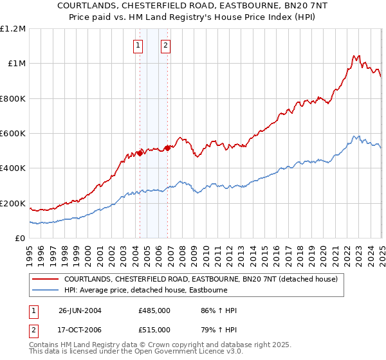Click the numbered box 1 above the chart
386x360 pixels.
[139, 45]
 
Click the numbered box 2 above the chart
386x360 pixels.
[166, 45]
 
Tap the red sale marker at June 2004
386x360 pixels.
[140, 154]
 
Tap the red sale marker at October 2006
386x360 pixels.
[167, 148]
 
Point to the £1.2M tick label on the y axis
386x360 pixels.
[14, 29]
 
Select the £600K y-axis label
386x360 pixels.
[14, 134]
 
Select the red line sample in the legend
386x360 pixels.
[46, 279]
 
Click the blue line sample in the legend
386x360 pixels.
[46, 291]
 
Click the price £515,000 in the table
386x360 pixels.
[154, 329]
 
